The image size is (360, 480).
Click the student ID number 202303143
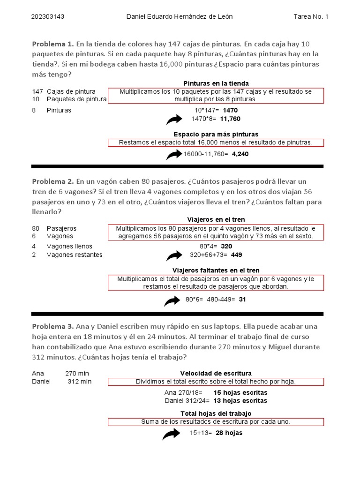(47, 17)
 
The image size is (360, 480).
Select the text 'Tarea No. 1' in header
(311, 17)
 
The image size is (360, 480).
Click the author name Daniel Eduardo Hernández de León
(180, 17)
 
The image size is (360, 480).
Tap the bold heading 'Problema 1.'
(53, 44)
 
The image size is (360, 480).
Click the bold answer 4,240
(240, 154)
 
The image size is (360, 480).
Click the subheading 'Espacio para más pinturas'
(216, 134)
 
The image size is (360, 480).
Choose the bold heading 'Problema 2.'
(53, 181)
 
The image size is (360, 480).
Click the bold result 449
(236, 255)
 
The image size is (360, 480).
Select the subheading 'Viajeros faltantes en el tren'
(216, 270)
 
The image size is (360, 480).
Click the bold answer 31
(242, 300)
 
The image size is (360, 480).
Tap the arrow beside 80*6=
(172, 301)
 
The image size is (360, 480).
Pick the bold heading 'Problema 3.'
(53, 326)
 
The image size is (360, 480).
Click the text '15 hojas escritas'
(240, 392)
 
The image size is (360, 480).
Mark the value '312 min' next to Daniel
(80, 382)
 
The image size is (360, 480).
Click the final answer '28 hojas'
(229, 433)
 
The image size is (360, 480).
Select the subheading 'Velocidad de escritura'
(216, 373)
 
